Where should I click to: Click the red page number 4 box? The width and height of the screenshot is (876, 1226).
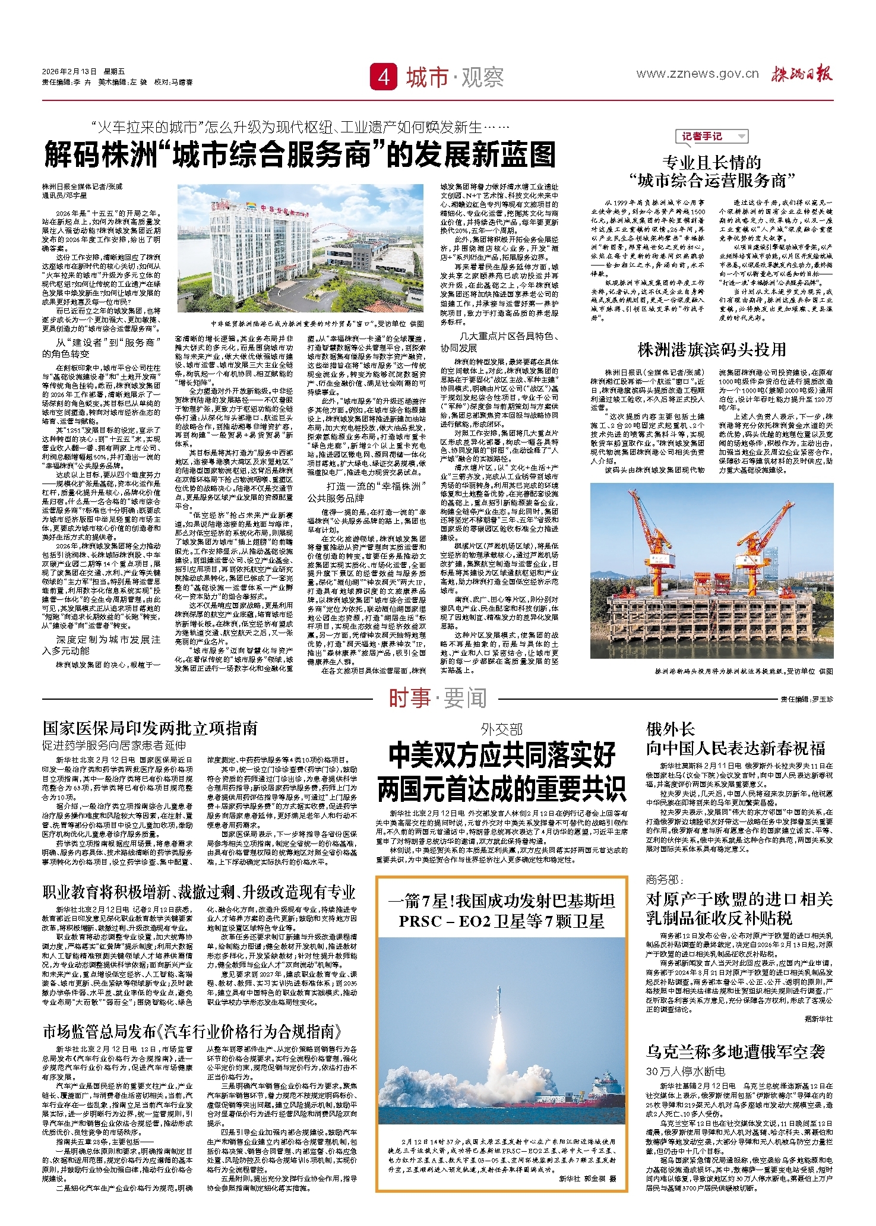(x=384, y=77)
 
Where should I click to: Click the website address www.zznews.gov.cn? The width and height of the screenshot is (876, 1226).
(x=697, y=74)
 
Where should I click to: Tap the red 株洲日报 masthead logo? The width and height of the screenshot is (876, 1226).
(x=802, y=74)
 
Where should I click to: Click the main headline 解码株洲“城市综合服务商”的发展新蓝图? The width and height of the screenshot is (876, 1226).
(x=300, y=155)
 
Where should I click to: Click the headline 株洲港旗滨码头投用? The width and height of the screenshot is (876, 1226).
(x=711, y=350)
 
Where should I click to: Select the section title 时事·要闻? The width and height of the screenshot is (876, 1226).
(x=438, y=699)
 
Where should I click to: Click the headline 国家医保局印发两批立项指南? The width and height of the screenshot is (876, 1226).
(x=150, y=728)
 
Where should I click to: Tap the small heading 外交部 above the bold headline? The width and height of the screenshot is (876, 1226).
(x=502, y=729)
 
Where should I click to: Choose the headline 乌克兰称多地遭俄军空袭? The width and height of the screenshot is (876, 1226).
(x=735, y=1052)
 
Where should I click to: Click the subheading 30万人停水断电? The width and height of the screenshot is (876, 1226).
(x=685, y=1071)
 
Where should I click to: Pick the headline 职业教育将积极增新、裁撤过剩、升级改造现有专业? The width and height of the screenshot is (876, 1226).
(x=199, y=892)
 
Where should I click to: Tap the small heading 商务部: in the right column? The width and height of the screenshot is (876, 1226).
(x=665, y=880)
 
